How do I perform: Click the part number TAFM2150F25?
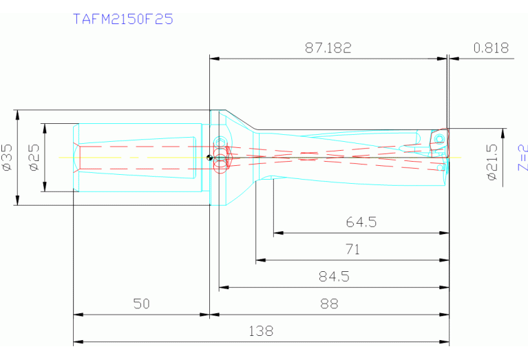point(123,19)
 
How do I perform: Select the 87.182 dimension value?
point(328,48)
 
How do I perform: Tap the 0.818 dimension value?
point(491,48)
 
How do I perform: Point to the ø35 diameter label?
point(8,157)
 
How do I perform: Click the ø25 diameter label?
point(34,157)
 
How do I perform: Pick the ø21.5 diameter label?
point(492,162)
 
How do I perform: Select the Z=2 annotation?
point(522,158)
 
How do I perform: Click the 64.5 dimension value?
point(361,222)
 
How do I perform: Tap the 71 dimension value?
point(352,250)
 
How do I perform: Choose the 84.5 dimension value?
point(334,277)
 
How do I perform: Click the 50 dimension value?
point(141,304)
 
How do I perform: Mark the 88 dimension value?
point(330,304)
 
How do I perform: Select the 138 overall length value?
point(261,331)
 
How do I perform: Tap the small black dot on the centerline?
point(209,158)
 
